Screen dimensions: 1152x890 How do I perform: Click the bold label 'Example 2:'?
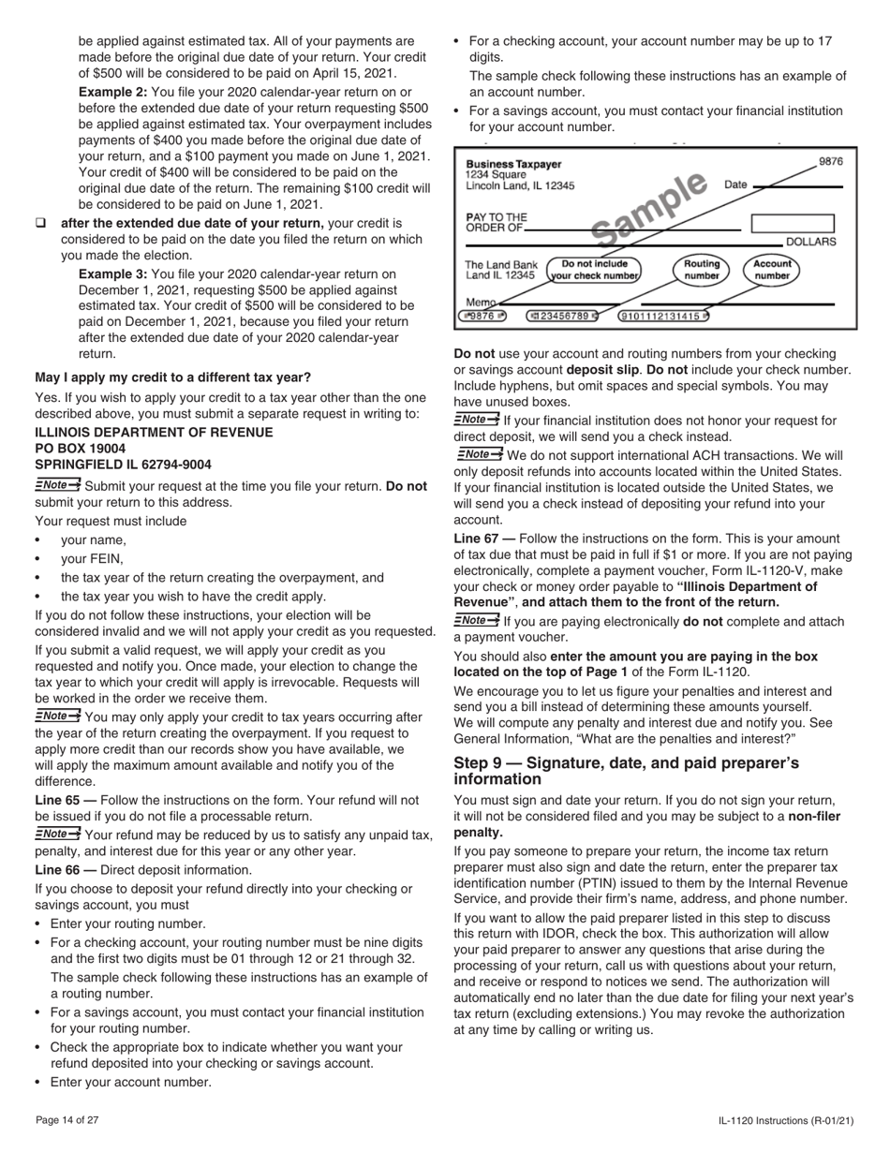[x=112, y=92]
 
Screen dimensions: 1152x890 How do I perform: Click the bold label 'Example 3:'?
[x=112, y=273]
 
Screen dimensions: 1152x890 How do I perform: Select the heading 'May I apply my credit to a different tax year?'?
[x=172, y=377]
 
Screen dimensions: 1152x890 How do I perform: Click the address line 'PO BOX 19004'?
[x=80, y=449]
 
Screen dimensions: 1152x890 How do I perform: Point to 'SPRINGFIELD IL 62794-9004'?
[x=123, y=465]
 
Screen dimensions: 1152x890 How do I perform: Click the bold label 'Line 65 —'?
[x=65, y=800]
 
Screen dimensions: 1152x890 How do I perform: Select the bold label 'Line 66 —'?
[x=65, y=869]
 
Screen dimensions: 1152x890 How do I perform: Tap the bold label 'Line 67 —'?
[x=483, y=539]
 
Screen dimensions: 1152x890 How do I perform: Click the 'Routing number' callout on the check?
[x=701, y=270]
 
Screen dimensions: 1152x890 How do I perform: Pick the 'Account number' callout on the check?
[x=772, y=270]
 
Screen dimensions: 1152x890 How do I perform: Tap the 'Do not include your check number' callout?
[x=594, y=270]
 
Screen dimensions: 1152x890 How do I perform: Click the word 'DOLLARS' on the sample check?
[x=810, y=242]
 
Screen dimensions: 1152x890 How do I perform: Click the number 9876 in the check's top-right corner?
[x=830, y=161]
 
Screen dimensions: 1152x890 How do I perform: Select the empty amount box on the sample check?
[x=792, y=223]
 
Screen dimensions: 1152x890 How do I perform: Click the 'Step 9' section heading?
[x=626, y=771]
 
